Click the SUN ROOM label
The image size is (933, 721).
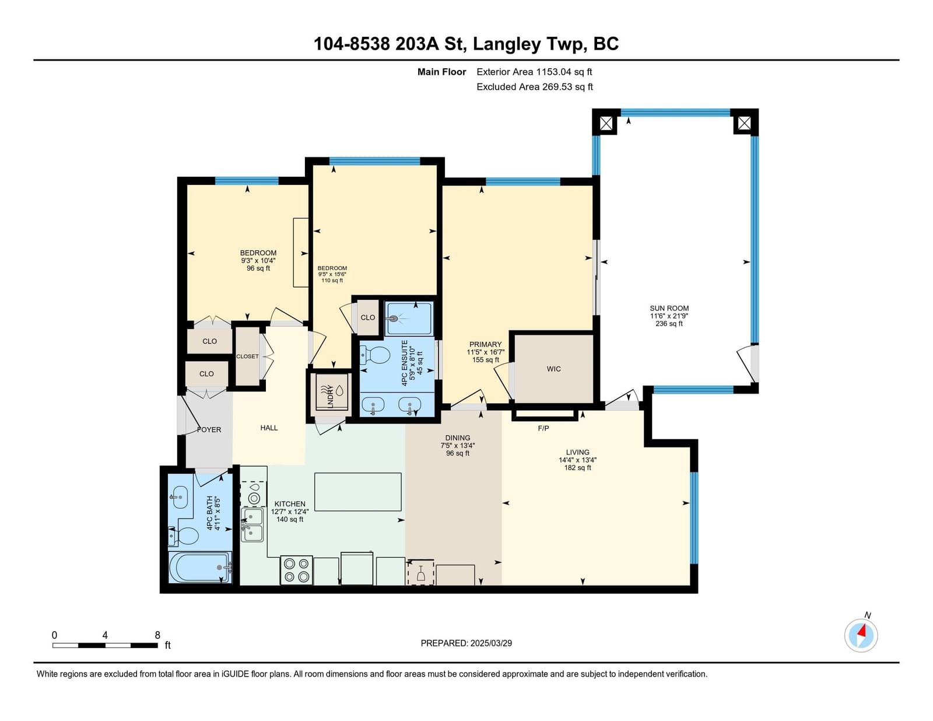(669, 308)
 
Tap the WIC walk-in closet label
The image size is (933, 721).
(553, 369)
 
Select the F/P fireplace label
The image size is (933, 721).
(543, 428)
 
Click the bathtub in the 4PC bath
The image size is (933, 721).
(199, 567)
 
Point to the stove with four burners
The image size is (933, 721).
(296, 570)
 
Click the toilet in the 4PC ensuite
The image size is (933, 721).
(375, 355)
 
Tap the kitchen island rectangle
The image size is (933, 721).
(357, 492)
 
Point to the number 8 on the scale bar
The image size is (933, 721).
(157, 635)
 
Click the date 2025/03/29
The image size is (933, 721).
(491, 643)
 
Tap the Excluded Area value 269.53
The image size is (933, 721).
(557, 87)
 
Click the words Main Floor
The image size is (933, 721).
(441, 72)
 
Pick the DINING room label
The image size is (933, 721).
(458, 437)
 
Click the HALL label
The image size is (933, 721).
(269, 428)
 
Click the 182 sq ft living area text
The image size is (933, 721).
(577, 468)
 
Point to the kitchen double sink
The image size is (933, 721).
(252, 525)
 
